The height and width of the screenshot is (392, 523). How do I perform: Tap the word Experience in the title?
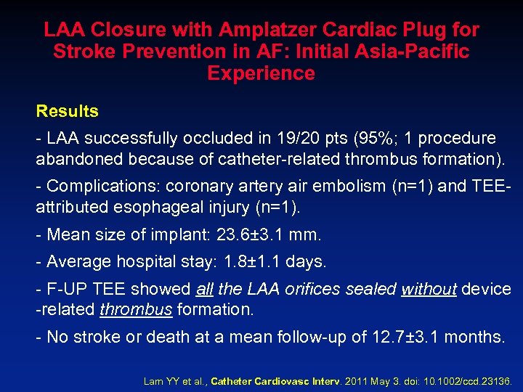pyautogui.click(x=261, y=73)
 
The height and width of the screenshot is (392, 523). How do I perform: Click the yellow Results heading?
pyautogui.click(x=68, y=111)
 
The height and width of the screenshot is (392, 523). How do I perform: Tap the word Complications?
pyautogui.click(x=95, y=186)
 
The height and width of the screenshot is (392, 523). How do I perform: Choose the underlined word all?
pyautogui.click(x=204, y=289)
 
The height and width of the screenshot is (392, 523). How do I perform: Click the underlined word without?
pyautogui.click(x=429, y=289)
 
